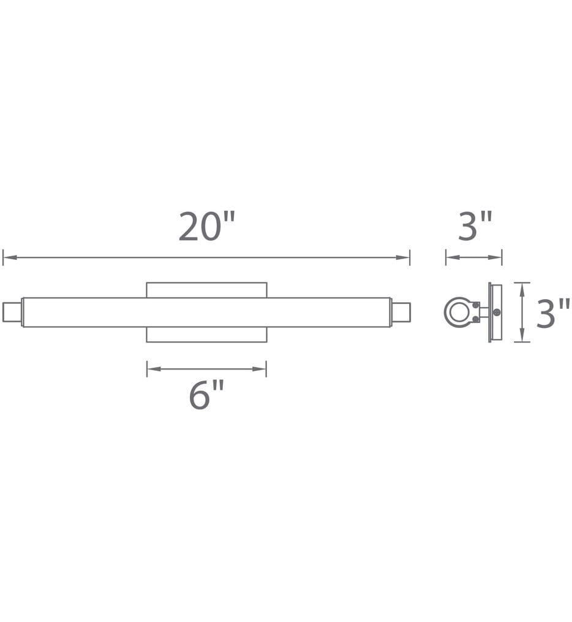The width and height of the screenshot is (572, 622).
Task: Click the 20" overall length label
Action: (206, 226)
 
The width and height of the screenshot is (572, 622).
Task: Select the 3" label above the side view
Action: (475, 226)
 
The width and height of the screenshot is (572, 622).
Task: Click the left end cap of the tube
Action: (12, 312)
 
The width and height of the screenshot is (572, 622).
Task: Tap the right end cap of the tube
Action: (401, 312)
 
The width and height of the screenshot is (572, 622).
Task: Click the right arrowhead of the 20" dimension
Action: (403, 257)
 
